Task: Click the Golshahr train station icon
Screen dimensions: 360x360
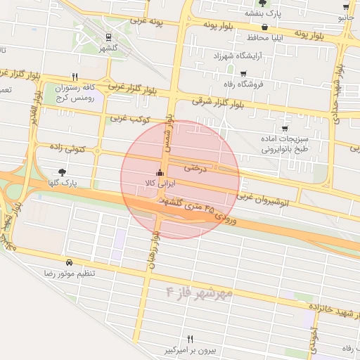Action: tap(108, 37)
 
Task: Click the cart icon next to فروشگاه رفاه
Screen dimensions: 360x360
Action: tap(243, 74)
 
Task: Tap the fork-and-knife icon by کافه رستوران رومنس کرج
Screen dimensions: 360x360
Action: tap(75, 77)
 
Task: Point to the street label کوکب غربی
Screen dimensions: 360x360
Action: tap(130, 119)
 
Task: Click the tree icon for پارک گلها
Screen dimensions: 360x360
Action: tap(63, 172)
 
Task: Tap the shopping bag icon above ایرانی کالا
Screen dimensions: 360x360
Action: tap(158, 173)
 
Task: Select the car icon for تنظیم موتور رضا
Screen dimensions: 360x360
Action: tap(68, 262)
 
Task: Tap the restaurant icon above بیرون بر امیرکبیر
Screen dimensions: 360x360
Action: tap(189, 339)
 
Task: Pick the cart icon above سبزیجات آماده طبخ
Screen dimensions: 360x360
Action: tap(284, 129)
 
